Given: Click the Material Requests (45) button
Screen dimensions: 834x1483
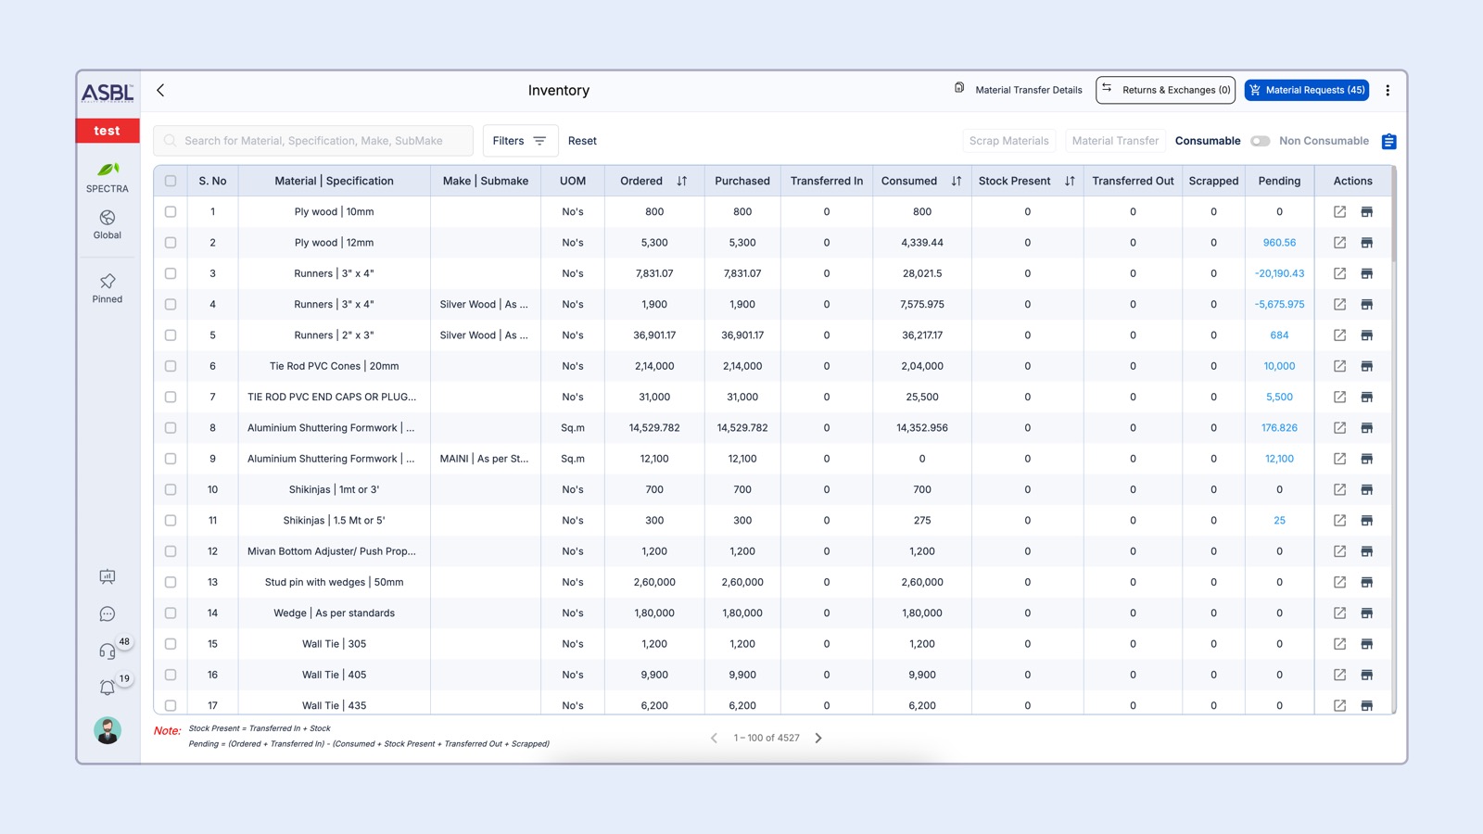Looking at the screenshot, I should [1306, 90].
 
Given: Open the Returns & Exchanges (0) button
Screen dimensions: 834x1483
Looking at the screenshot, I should [1165, 90].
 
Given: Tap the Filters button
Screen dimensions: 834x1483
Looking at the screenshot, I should [520, 141].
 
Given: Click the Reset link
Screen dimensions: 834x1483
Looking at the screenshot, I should [582, 141].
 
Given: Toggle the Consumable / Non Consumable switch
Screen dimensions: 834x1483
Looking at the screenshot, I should [1260, 141].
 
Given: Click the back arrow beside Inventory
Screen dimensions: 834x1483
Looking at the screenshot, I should [160, 90].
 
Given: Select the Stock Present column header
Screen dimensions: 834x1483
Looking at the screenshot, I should [1014, 181].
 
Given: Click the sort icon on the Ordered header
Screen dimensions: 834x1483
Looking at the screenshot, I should [682, 181].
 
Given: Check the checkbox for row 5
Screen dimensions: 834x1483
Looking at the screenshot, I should [171, 335].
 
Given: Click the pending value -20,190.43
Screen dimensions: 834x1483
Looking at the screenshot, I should [1279, 273].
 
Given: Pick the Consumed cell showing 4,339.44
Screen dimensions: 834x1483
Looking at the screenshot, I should [921, 243].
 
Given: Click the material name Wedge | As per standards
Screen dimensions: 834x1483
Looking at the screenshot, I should [334, 613].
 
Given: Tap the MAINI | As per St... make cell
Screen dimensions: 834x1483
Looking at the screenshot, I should [484, 459].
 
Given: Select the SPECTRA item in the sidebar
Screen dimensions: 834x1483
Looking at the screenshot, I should [108, 176].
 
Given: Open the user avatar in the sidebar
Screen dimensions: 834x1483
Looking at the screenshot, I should [108, 730].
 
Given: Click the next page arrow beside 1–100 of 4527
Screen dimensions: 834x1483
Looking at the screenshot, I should [818, 739].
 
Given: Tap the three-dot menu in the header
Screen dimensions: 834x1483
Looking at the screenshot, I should [1388, 90].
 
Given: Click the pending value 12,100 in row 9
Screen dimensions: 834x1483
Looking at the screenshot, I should [1279, 459].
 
